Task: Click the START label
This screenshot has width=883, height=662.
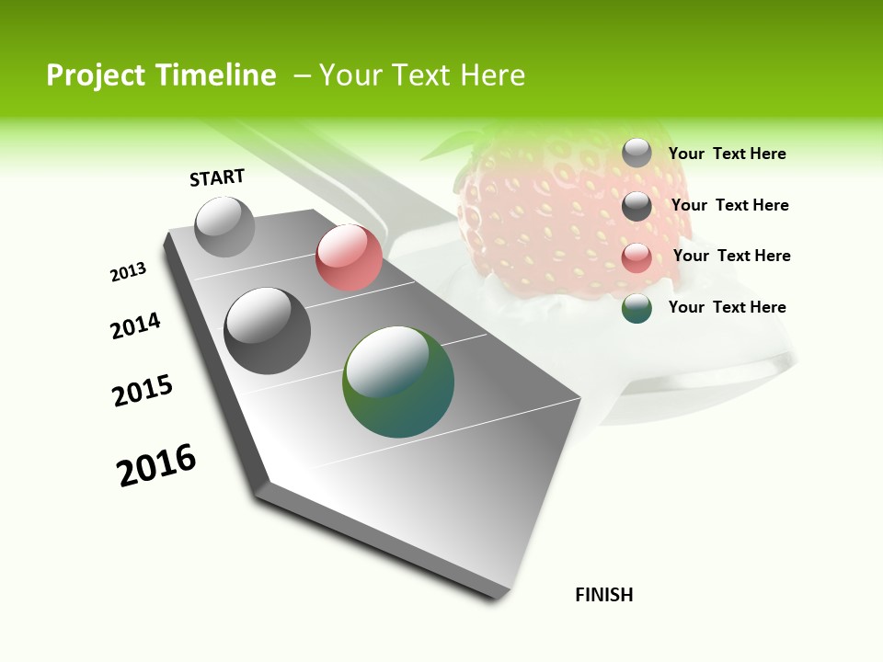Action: click(217, 177)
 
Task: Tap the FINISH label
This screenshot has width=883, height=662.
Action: click(604, 595)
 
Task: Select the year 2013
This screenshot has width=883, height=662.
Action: click(129, 272)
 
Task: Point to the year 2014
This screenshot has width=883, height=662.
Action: click(136, 325)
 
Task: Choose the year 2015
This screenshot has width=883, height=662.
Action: click(143, 391)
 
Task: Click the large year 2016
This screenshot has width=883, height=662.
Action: click(156, 465)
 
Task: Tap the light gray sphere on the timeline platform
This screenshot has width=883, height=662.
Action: click(225, 226)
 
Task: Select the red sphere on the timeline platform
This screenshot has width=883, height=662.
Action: click(349, 257)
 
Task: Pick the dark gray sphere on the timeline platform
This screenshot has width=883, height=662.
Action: click(268, 331)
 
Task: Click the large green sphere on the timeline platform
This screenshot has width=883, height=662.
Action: click(398, 382)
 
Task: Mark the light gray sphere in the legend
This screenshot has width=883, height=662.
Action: click(636, 153)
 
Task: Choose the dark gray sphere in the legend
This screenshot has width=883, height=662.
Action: click(636, 206)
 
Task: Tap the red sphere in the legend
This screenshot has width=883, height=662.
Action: click(636, 257)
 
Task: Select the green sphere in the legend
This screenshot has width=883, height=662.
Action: click(636, 308)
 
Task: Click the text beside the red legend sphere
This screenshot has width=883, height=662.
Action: click(731, 256)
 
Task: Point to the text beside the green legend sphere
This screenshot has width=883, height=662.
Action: click(727, 307)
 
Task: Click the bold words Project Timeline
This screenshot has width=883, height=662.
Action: click(161, 75)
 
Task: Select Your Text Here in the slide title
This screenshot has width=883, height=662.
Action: click(421, 75)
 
